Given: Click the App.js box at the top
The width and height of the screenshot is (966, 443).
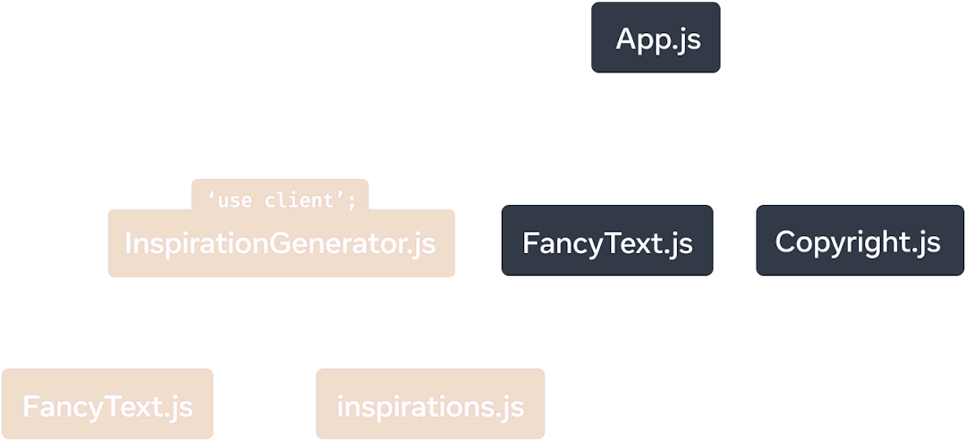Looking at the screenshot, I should [657, 39].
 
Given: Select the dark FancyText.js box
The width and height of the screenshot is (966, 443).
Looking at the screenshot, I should [607, 243].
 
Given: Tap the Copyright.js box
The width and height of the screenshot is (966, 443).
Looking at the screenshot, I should [858, 243].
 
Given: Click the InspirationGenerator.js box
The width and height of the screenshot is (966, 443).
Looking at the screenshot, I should [281, 243].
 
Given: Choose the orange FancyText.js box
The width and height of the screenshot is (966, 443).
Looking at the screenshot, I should [107, 405].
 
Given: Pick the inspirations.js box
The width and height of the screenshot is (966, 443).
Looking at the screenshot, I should [430, 405].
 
